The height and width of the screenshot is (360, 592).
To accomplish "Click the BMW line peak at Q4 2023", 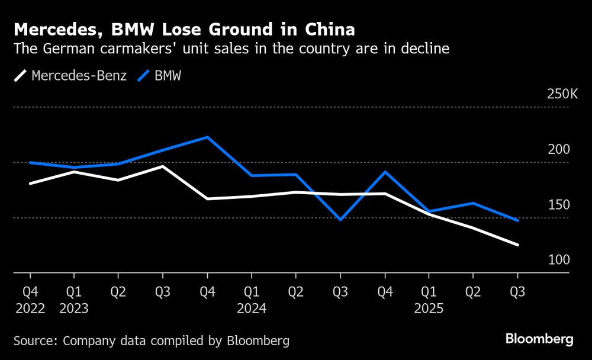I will point(207,137).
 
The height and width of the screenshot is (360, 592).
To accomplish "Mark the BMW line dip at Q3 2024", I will point(340,220).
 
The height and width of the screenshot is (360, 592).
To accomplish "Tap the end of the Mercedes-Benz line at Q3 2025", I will point(518,245).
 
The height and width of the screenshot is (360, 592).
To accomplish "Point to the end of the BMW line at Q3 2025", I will point(518,220).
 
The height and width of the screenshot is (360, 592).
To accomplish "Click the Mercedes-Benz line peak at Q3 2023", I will point(163,166).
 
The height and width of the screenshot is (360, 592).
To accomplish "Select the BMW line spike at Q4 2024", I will point(385,172).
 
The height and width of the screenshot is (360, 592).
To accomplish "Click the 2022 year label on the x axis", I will point(29,308).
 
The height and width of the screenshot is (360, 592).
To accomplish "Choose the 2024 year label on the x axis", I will point(251,308).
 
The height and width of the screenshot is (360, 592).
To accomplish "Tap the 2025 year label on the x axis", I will point(429,308).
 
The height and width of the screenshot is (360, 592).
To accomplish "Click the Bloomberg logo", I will point(539,339).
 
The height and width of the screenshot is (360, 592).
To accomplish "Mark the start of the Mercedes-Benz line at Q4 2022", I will point(30,184).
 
